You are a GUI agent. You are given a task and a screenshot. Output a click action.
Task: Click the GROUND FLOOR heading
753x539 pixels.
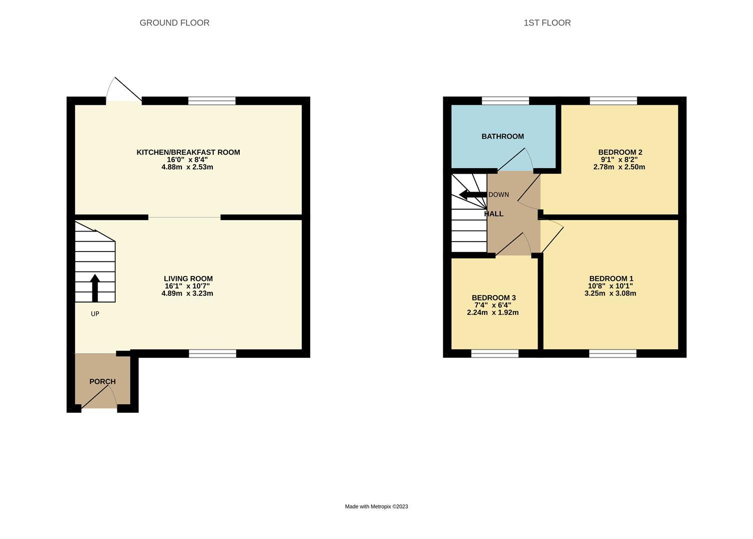point(174,22)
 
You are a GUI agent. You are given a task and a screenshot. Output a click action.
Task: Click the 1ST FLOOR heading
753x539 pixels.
point(547,22)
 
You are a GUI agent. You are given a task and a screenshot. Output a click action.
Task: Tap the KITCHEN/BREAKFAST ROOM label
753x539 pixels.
point(188,152)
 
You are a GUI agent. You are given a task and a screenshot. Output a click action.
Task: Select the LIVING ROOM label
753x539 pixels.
point(188,278)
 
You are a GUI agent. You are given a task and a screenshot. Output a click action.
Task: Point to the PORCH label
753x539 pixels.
point(102,381)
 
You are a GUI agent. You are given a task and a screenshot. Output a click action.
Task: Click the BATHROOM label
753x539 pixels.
point(503,136)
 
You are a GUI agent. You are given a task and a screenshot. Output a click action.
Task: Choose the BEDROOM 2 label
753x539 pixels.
point(620,152)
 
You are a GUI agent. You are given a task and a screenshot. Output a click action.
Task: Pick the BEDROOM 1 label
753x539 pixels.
point(611,278)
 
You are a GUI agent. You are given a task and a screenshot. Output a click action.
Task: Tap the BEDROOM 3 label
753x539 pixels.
point(494,297)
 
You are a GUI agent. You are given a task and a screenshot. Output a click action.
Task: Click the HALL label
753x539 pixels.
point(494,214)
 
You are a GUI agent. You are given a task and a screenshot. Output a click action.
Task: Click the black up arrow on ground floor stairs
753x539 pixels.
point(95,287)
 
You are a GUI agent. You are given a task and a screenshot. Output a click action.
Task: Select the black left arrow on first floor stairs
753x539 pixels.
point(472,195)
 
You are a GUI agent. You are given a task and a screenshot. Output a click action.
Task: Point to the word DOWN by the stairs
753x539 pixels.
point(499,195)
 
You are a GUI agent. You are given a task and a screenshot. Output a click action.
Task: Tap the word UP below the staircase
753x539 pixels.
point(95,314)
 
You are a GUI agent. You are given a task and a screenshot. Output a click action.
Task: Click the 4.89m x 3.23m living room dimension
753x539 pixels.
point(187,293)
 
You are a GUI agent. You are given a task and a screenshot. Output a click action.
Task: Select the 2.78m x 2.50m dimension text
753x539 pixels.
point(619,167)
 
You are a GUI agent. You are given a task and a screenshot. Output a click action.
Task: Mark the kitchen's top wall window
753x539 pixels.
point(212,101)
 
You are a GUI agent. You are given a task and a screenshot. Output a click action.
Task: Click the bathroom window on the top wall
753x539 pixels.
point(505,101)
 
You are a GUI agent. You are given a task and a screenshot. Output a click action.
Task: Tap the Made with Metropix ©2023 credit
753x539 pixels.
point(376,507)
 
